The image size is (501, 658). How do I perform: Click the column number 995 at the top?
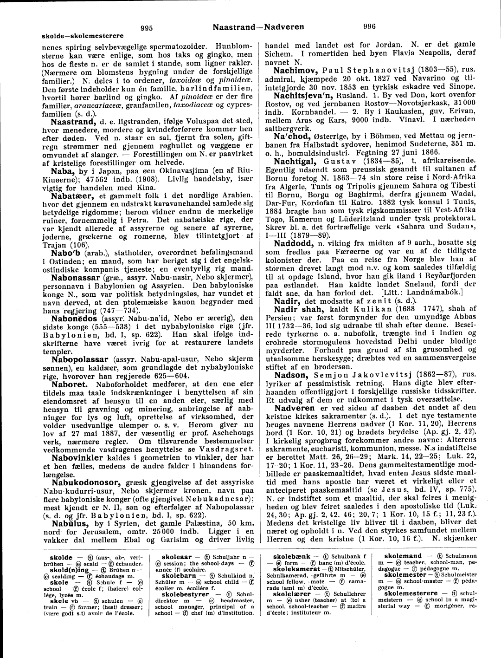(x=147, y=27)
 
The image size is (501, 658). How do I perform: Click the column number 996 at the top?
(x=369, y=26)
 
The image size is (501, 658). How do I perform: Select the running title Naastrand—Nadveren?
(x=258, y=26)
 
